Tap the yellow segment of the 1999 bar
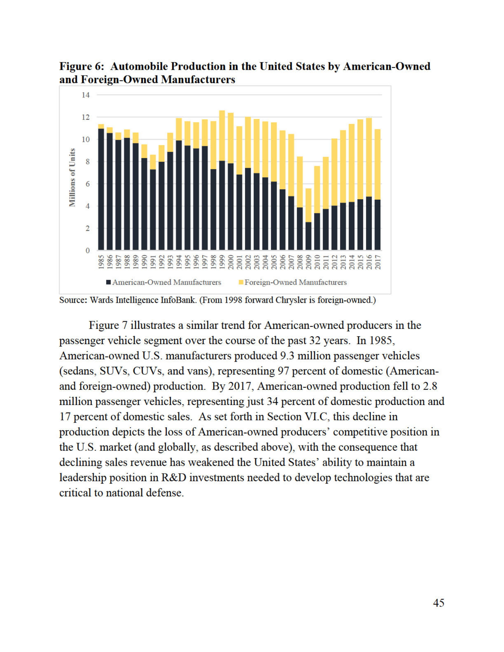coord(222,136)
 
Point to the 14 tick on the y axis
coord(86,95)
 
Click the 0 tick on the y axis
coord(87,251)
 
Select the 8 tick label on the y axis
coord(87,162)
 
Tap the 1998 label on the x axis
coord(213,262)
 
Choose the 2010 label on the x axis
coord(317,262)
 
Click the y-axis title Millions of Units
coord(72,177)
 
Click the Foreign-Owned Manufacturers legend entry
coord(293,282)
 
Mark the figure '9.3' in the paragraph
coord(288,356)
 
